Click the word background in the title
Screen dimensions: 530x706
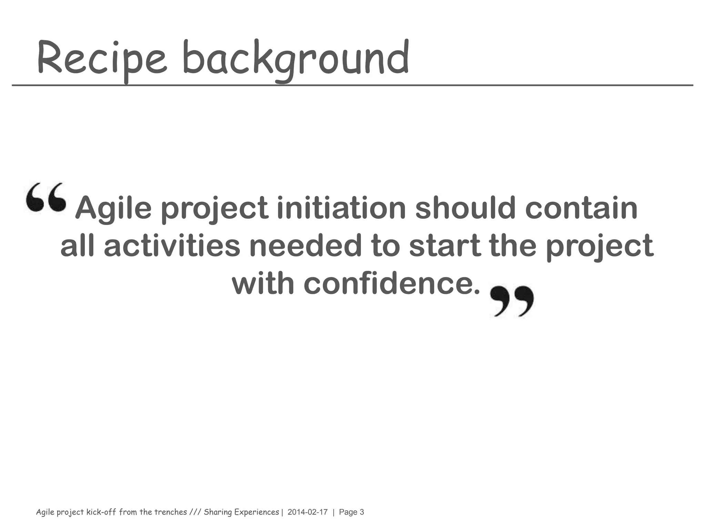point(296,59)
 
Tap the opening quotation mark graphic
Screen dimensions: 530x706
point(46,197)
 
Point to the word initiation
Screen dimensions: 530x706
point(341,208)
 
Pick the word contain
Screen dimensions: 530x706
point(581,208)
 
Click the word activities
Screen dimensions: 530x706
point(172,246)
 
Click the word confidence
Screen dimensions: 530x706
point(392,284)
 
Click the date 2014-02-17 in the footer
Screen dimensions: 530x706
point(307,512)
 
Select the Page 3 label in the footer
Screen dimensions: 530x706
point(351,512)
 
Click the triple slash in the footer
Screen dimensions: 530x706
point(195,512)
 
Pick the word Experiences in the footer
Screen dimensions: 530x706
point(256,512)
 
